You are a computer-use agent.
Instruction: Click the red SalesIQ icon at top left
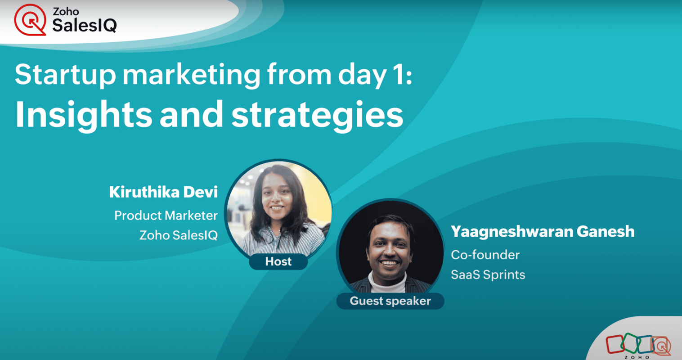[x=30, y=20]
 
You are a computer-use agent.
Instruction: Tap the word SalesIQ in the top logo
[x=85, y=25]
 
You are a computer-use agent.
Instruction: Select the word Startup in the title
[x=66, y=75]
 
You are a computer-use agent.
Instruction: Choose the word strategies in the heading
[x=317, y=115]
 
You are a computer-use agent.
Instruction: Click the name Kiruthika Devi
[x=163, y=192]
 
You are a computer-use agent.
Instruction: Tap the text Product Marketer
[x=166, y=216]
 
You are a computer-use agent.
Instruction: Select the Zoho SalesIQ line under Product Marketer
[x=179, y=235]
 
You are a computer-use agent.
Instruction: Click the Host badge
[x=278, y=261]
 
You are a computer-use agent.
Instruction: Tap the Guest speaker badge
[x=390, y=301]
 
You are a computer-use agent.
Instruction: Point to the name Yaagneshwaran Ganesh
[x=543, y=231]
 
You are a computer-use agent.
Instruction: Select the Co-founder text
[x=485, y=255]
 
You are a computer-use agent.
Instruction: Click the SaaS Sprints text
[x=488, y=274]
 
